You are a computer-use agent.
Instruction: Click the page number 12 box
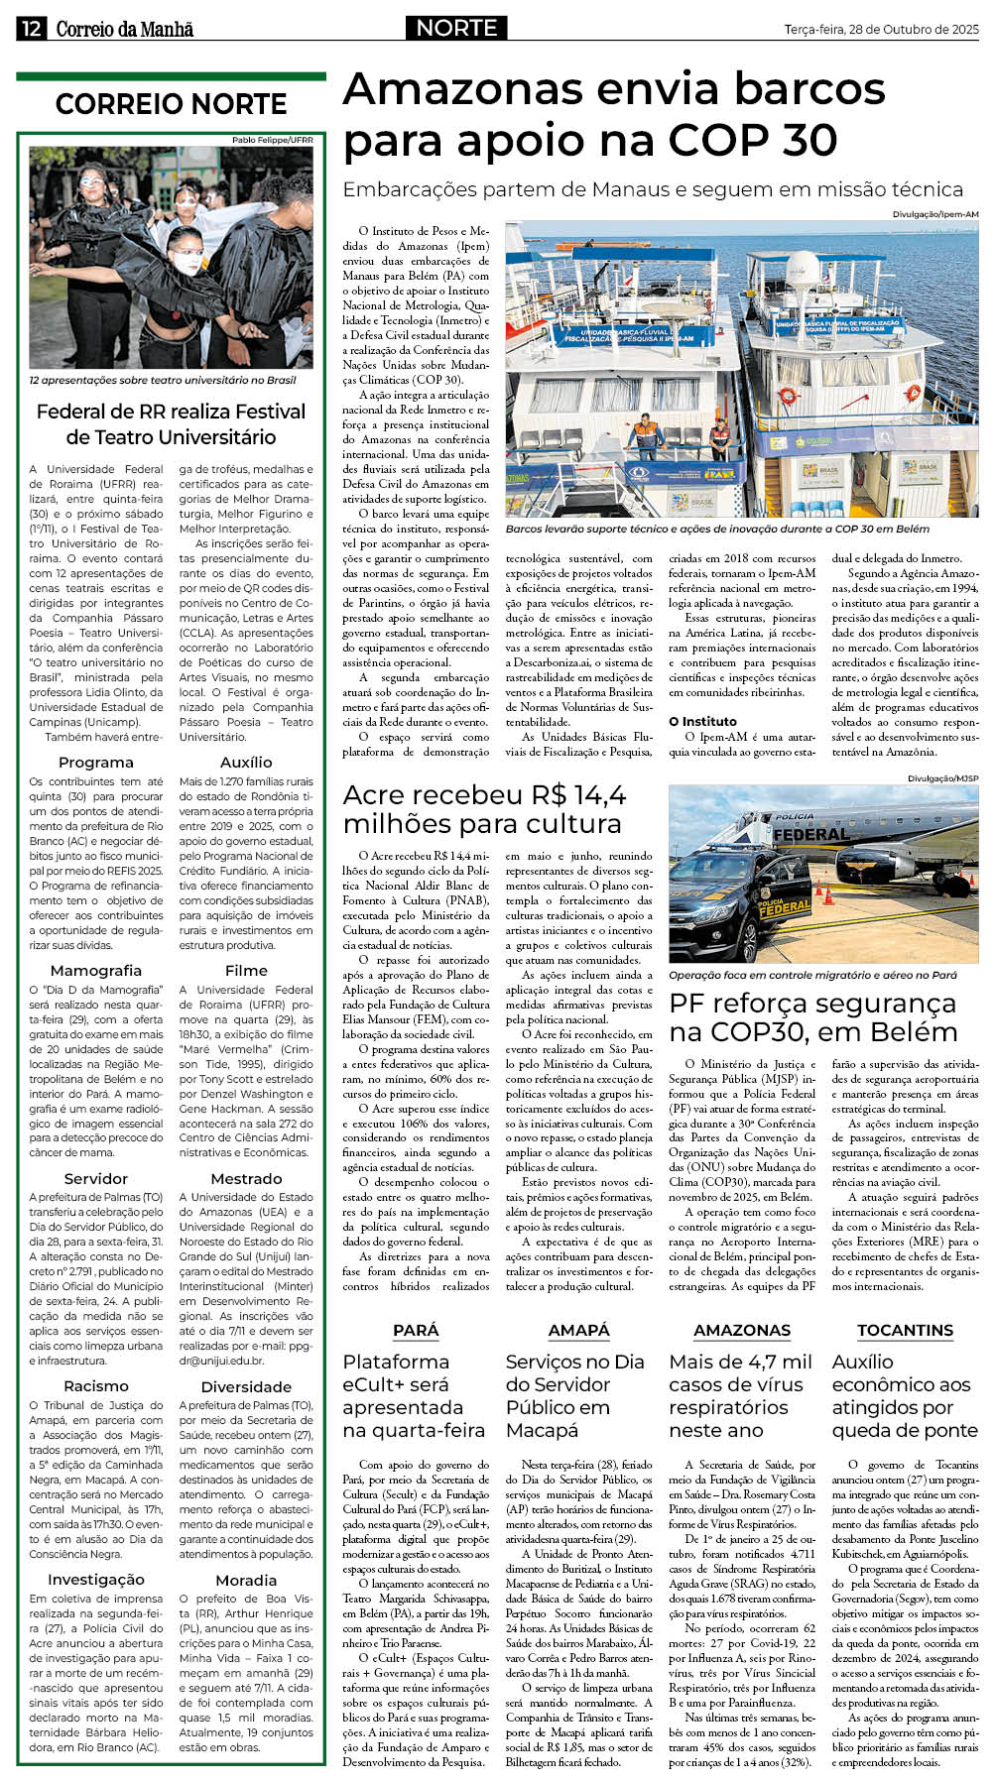coord(31,29)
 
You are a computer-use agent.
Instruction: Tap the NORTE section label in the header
coord(456,28)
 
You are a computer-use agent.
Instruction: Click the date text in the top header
coord(881,30)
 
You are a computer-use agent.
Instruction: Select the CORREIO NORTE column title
coord(171,104)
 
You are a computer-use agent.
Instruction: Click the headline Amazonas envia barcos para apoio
coord(613,115)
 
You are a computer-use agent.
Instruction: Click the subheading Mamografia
coord(96,971)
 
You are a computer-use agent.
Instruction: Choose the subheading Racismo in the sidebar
coord(96,1386)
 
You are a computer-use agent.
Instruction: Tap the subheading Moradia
coord(246,1581)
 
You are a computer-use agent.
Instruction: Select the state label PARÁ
coord(415,1331)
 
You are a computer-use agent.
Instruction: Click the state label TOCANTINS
coord(905,1331)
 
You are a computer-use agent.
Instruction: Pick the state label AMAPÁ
coord(578,1331)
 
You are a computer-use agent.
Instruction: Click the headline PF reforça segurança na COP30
coord(812,1017)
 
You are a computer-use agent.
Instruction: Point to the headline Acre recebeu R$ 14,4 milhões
coord(484,809)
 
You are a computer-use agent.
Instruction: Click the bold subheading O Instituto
coord(702,722)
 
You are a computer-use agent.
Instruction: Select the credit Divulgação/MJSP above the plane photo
coord(942,779)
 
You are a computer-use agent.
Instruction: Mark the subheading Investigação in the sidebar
coord(96,1580)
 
